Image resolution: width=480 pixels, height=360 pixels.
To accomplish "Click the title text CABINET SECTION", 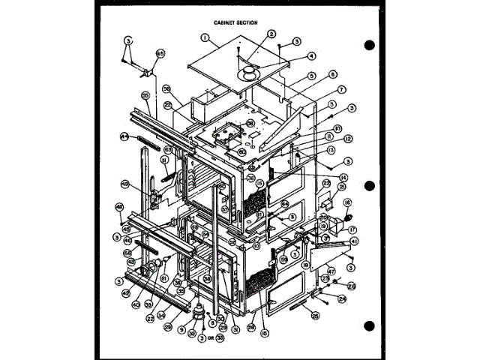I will pos(235,22).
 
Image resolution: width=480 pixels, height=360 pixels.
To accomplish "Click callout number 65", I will pos(160,54).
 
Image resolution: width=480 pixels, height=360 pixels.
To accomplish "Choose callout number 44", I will pos(124,137).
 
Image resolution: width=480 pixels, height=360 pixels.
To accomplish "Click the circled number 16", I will pos(347,203).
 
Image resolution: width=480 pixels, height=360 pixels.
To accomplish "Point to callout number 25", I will pos(316,316).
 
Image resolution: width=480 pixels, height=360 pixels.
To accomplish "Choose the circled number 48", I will pos(119,207).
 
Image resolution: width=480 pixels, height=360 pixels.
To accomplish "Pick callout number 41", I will pos(353,239).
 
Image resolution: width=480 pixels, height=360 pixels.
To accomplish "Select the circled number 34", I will pos(161,314).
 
